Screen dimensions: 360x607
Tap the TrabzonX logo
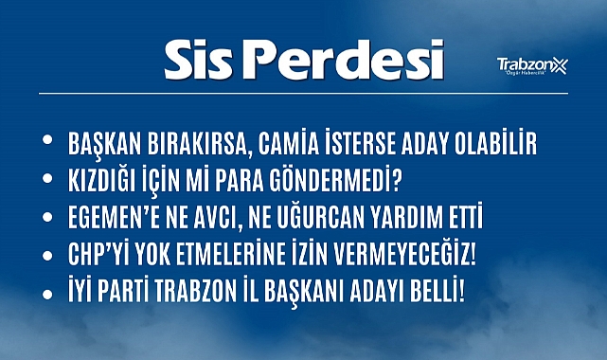pos(532,65)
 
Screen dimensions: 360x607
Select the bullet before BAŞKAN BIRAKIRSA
pos(48,141)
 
